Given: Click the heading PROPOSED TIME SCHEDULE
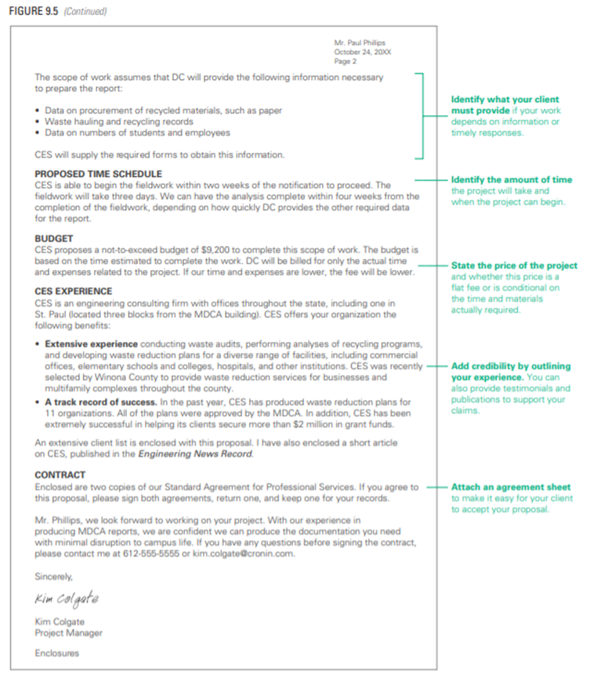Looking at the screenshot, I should [98, 174].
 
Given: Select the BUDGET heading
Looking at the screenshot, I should [54, 237].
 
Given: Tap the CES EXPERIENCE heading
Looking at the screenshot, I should [74, 291].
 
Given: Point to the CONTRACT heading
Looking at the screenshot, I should [60, 475].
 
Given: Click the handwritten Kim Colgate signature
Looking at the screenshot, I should [67, 600].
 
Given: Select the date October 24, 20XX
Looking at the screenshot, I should [360, 52].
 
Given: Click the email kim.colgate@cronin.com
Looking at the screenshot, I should [255, 553].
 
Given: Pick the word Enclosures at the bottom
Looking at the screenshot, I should [57, 653].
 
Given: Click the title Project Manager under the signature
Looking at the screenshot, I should [68, 633].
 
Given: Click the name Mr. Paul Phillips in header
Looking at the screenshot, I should [360, 42].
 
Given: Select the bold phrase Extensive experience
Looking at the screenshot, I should [91, 344].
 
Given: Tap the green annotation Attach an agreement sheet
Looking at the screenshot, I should [511, 487].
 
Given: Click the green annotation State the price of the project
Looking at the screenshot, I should [514, 266].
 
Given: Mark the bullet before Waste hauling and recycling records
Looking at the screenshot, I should [38, 122].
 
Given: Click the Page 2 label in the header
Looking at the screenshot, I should [346, 61].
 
